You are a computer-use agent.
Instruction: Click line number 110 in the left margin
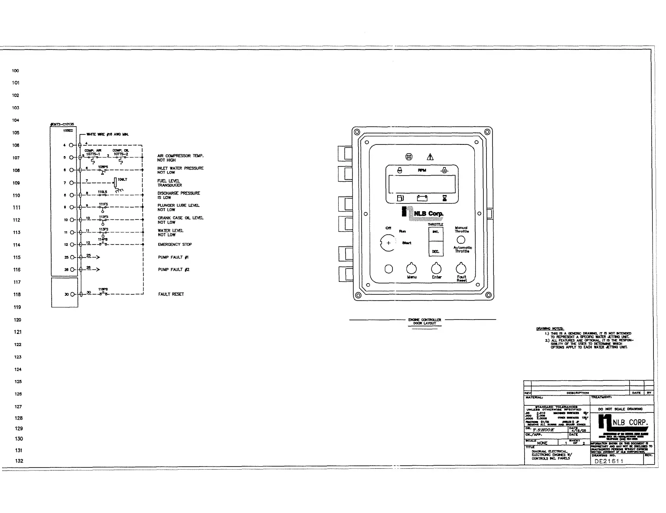tap(16, 195)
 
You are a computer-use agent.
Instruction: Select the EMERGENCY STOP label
tap(175, 245)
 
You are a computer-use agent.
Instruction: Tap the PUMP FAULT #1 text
tap(173, 257)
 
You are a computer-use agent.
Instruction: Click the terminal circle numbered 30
tap(72, 294)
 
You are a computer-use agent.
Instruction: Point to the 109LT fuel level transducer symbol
tap(116, 182)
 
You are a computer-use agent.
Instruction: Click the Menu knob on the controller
tap(411, 269)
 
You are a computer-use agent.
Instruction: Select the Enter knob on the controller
tap(436, 269)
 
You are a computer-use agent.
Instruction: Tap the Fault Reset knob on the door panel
tap(461, 269)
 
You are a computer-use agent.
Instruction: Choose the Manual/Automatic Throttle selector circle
tap(461, 240)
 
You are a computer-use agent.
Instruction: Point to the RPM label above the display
tap(422, 170)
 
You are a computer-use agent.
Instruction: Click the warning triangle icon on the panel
tap(430, 157)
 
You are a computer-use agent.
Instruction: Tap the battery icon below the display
tap(422, 199)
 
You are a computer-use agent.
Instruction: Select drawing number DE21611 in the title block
tap(609, 461)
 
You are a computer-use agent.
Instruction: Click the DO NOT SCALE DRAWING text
tap(620, 409)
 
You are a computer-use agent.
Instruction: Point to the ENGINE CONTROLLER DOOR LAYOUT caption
tap(424, 321)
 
